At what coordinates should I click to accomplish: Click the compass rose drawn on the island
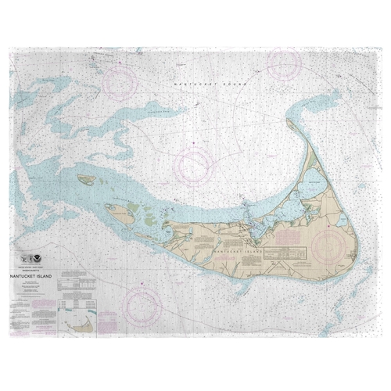[332, 245]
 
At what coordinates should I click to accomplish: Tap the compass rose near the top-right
[283, 64]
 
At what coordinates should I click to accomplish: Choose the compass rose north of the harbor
[194, 165]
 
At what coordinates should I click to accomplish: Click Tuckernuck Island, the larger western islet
[120, 212]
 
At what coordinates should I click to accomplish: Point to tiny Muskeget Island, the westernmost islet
[87, 180]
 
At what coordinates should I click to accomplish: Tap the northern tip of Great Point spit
[290, 123]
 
